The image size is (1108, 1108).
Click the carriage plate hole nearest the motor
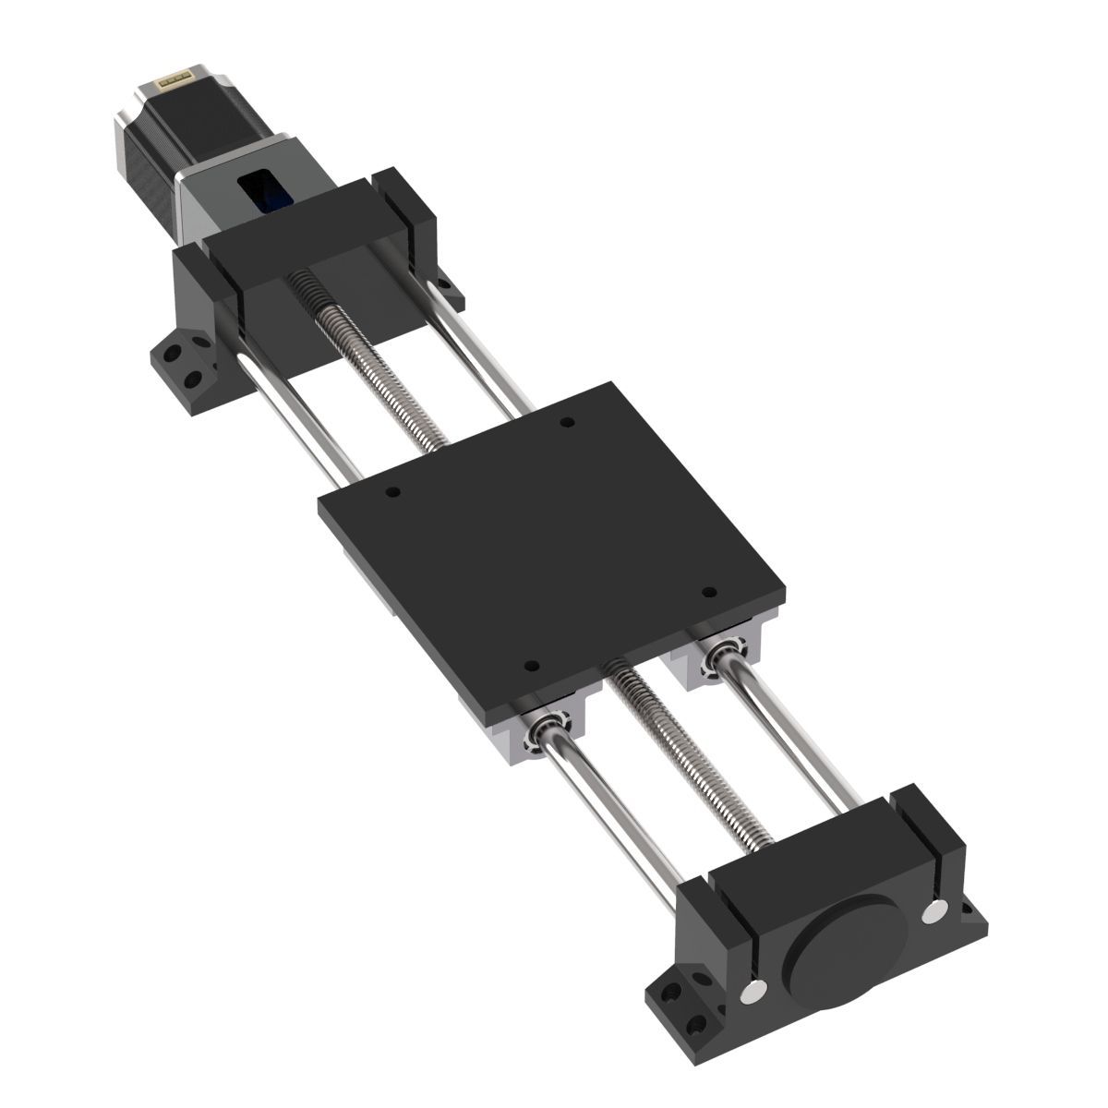567,422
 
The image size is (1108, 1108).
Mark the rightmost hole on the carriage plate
708,591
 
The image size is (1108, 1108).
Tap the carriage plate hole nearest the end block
530,665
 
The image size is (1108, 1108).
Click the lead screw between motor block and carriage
369,379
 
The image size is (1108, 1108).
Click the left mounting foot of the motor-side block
180,365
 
